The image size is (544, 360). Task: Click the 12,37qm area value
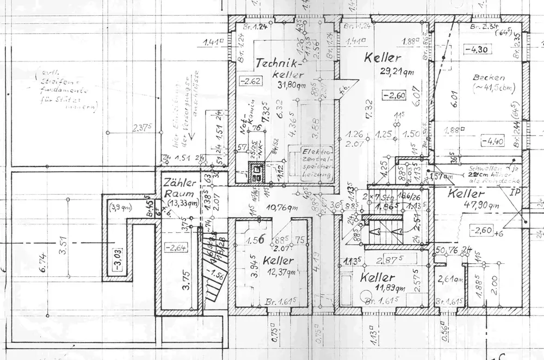[x=278, y=272]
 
